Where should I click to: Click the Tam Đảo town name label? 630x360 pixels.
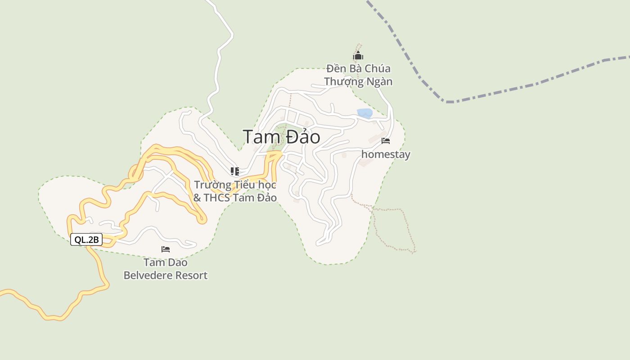(x=281, y=137)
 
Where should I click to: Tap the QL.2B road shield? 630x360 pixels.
(x=86, y=240)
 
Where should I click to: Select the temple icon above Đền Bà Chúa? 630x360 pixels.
(x=358, y=56)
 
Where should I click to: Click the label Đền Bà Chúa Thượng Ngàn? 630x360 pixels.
(x=358, y=75)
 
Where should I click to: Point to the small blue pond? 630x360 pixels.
(x=364, y=113)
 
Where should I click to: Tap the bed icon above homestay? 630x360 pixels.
(x=386, y=141)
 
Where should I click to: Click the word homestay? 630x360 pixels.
(x=386, y=154)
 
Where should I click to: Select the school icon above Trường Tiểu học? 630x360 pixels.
(x=234, y=171)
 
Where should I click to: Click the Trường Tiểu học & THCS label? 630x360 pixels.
(x=235, y=191)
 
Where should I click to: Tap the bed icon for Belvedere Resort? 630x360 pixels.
(x=166, y=249)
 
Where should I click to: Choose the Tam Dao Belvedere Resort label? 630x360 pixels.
(x=166, y=269)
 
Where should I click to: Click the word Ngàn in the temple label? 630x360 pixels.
(x=379, y=82)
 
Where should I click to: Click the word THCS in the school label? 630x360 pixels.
(x=218, y=198)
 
